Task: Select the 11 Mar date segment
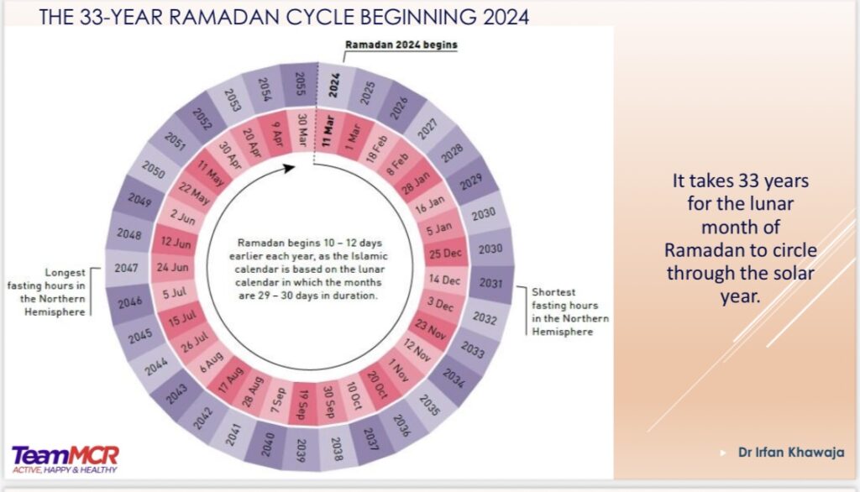click(328, 133)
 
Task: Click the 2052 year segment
click(202, 121)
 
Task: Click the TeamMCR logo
click(65, 458)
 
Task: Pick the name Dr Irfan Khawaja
click(791, 453)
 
